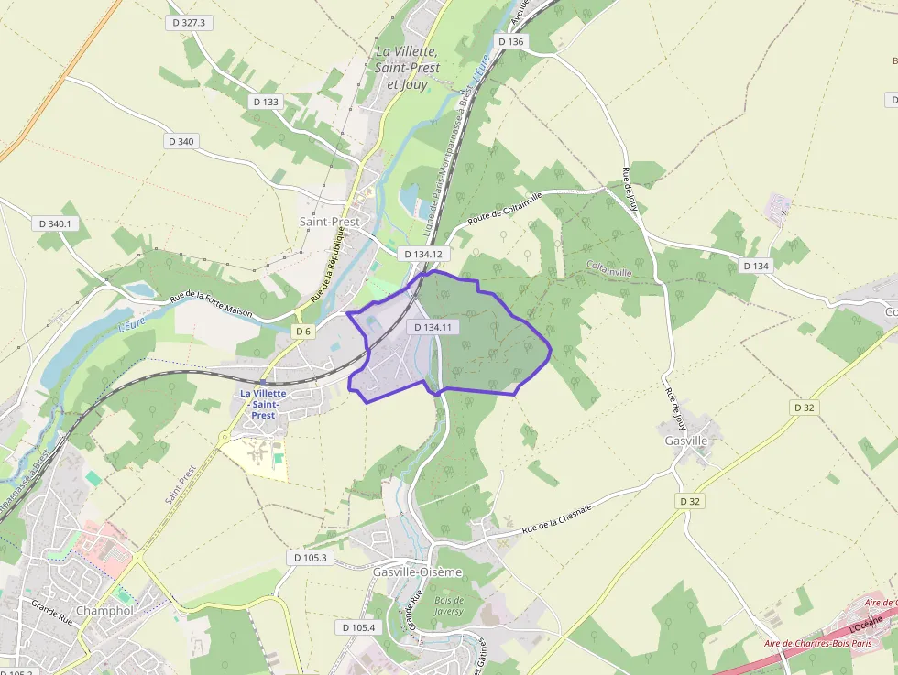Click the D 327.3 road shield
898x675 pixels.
pos(190,23)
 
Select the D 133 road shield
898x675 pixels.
pos(265,102)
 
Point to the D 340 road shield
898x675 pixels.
pos(181,141)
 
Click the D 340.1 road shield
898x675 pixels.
pos(56,223)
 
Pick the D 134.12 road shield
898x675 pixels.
pos(423,254)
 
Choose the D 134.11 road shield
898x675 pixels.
pos(433,327)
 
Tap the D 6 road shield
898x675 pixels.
pos(304,331)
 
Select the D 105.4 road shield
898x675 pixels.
pos(358,627)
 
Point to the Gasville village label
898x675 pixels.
pos(684,441)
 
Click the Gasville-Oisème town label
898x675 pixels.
pos(418,572)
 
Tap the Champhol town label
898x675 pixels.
pos(105,611)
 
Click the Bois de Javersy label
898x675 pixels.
pos(449,605)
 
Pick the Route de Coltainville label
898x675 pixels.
pos(505,208)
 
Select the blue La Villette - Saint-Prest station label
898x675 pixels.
pos(264,404)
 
